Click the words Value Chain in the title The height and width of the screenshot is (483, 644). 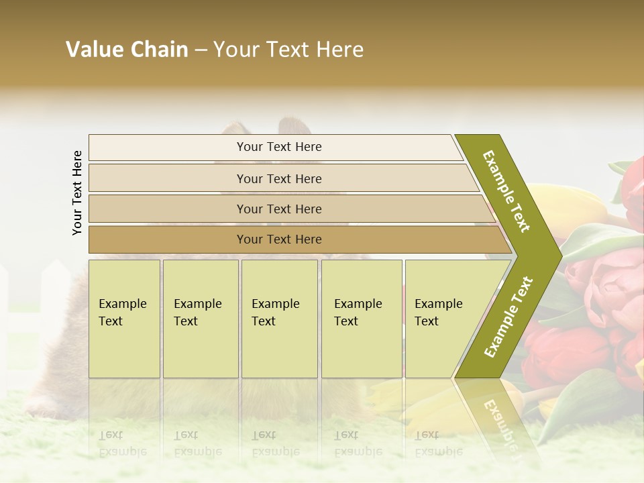click(127, 50)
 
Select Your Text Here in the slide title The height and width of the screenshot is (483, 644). click(288, 50)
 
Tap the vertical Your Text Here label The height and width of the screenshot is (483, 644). click(77, 193)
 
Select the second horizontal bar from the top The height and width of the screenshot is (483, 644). click(278, 178)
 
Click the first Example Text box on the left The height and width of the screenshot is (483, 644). click(124, 319)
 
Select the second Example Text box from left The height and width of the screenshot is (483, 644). click(200, 319)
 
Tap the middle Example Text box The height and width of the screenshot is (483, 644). click(279, 319)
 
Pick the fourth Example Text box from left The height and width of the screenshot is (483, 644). click(361, 319)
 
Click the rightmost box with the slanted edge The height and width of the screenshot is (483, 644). click(443, 319)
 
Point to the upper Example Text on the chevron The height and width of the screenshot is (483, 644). click(506, 191)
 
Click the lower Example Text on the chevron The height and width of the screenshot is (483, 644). click(508, 317)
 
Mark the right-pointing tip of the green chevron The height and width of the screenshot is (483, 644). click(558, 256)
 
